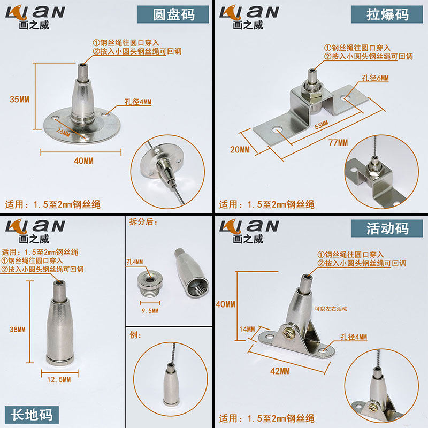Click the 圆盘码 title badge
pyautogui.click(x=173, y=14)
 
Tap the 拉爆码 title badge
pyautogui.click(x=387, y=14)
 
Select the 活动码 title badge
pyautogui.click(x=387, y=228)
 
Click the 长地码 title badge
pyautogui.click(x=32, y=415)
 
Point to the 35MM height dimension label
pyautogui.click(x=19, y=99)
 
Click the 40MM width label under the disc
pyautogui.click(x=83, y=161)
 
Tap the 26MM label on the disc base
pyautogui.click(x=63, y=132)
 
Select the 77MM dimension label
pyautogui.click(x=338, y=142)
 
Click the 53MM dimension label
pyautogui.click(x=322, y=125)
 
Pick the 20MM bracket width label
pyautogui.click(x=240, y=149)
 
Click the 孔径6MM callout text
pyautogui.click(x=376, y=78)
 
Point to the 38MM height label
pyautogui.click(x=18, y=330)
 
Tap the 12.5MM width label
pyautogui.click(x=59, y=379)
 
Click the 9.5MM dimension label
pyautogui.click(x=150, y=311)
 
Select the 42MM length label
pyautogui.click(x=280, y=371)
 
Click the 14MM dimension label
pyautogui.click(x=247, y=329)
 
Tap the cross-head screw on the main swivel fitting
pyautogui.click(x=288, y=331)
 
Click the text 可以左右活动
pyautogui.click(x=331, y=309)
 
